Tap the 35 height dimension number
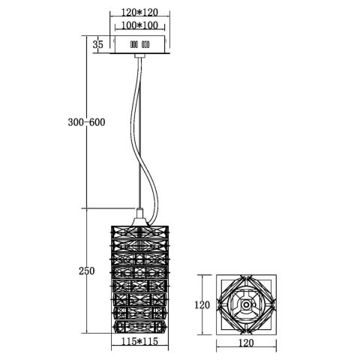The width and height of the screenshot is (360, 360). (x=97, y=45)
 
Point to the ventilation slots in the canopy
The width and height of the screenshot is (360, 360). (x=140, y=45)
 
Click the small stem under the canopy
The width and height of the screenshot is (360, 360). (x=140, y=58)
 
